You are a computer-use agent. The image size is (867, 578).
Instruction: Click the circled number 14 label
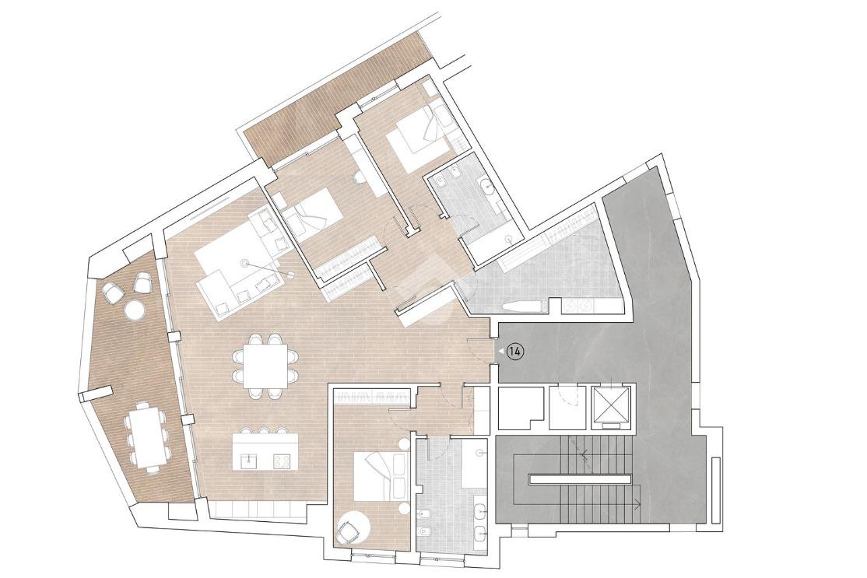(x=515, y=351)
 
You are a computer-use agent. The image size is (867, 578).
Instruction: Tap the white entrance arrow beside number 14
(x=500, y=351)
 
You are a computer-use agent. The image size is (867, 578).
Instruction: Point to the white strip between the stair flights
(x=579, y=479)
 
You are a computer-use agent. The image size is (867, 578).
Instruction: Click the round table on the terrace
(x=135, y=310)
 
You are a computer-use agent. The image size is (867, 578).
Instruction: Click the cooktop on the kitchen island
(x=282, y=461)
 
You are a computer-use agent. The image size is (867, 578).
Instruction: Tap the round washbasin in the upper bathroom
(x=488, y=185)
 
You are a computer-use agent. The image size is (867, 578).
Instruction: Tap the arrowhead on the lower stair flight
(x=639, y=503)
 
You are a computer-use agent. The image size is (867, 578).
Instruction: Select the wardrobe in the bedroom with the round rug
(x=374, y=396)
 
